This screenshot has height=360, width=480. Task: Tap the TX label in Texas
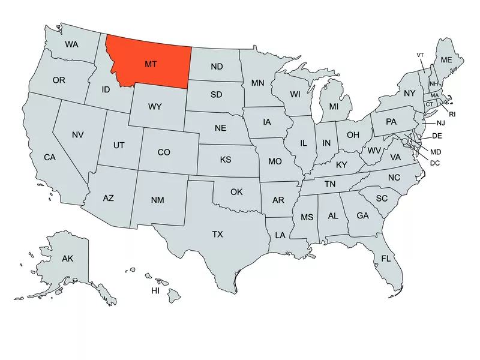pyautogui.click(x=217, y=235)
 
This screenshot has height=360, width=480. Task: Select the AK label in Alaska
pyautogui.click(x=67, y=259)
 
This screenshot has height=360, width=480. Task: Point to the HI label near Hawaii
pyautogui.click(x=155, y=291)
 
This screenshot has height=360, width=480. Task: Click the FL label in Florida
pyautogui.click(x=386, y=259)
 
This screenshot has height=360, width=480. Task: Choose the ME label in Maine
pyautogui.click(x=446, y=60)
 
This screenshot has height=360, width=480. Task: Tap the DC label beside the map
pyautogui.click(x=436, y=163)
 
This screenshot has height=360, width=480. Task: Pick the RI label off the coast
pyautogui.click(x=452, y=113)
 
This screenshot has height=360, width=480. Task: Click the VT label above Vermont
pyautogui.click(x=421, y=55)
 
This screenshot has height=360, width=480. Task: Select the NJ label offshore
pyautogui.click(x=441, y=123)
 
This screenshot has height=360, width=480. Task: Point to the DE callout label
pyautogui.click(x=437, y=136)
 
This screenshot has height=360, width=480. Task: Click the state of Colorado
pyautogui.click(x=164, y=152)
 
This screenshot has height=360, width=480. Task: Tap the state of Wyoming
pyautogui.click(x=155, y=107)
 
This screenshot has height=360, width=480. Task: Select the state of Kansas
pyautogui.click(x=226, y=160)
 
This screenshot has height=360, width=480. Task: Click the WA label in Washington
pyautogui.click(x=71, y=44)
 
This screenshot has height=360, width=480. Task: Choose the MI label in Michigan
pyautogui.click(x=334, y=106)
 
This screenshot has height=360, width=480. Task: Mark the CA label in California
pyautogui.click(x=50, y=158)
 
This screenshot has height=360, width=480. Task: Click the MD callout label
pyautogui.click(x=436, y=152)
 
